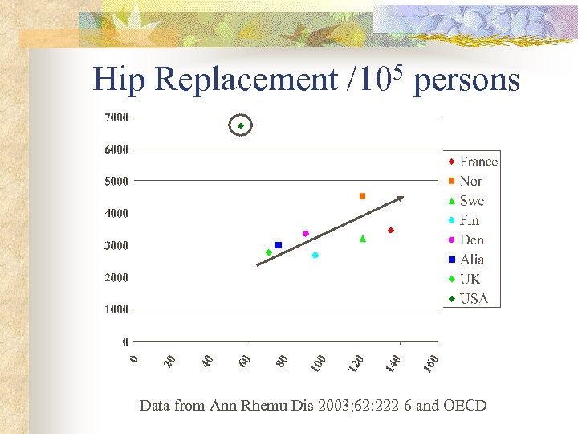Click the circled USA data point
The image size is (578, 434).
[240, 125]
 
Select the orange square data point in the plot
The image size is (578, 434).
[362, 196]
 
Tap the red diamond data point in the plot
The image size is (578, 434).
[390, 231]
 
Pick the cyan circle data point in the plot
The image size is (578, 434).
[315, 255]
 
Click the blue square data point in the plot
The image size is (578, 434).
[278, 245]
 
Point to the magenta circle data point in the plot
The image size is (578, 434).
[305, 234]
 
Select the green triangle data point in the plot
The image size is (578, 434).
[363, 239]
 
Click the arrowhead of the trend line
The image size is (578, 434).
[400, 198]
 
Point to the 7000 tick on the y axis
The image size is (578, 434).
[116, 117]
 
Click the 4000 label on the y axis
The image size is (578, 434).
[116, 213]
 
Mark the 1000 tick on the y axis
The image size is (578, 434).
[116, 309]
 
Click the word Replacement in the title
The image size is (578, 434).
[246, 80]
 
